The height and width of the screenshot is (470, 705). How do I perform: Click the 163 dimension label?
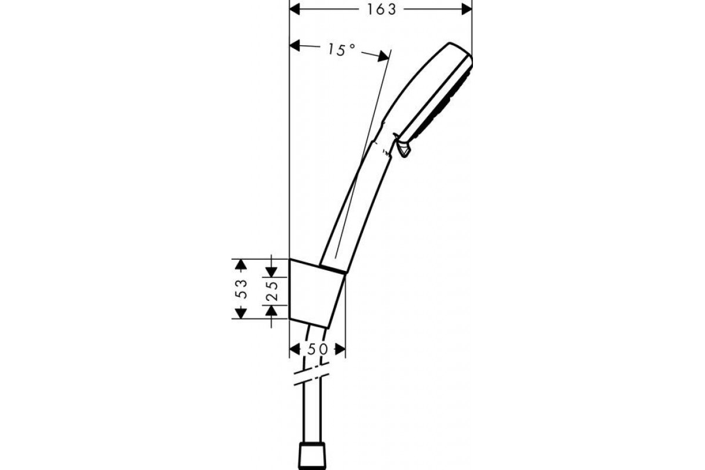coord(382,10)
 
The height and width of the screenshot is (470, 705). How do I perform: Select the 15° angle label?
coord(341,50)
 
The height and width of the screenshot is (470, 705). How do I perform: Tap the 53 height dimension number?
coord(241,289)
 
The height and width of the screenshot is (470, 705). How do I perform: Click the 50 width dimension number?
coord(317,349)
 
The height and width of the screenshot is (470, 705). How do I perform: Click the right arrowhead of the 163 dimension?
coord(466,9)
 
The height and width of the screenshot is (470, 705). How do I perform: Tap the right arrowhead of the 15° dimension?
coord(383,56)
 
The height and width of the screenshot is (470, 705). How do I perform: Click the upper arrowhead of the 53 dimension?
coord(241,264)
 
